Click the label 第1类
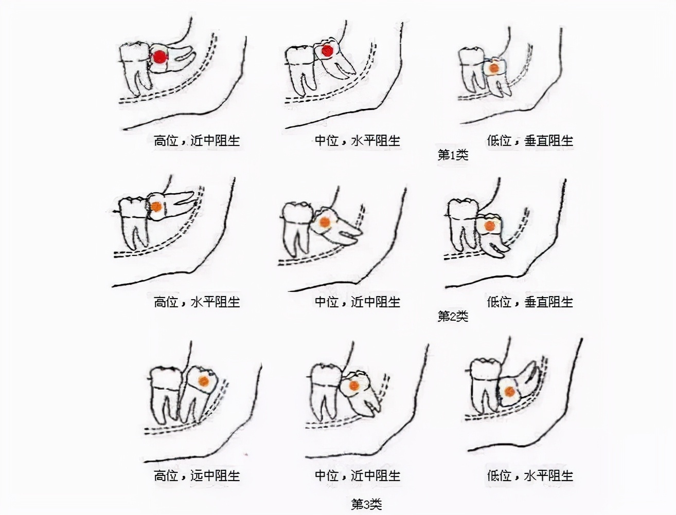coord(453,155)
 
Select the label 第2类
coord(453,316)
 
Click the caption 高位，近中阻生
coord(197,141)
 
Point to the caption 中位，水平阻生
coord(357,141)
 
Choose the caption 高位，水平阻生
coord(197,302)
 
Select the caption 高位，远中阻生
coord(197,475)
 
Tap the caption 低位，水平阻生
coord(530,475)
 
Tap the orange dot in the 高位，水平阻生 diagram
coord(157,207)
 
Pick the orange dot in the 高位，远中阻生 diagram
coord(204,381)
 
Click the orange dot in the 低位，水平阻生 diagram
coord(509,392)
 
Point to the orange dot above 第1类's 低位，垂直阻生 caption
coord(494,68)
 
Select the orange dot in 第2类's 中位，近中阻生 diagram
coord(324,222)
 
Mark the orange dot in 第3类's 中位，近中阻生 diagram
coord(354,385)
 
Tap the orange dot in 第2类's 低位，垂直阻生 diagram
coord(489,227)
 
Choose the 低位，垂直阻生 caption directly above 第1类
coord(530,141)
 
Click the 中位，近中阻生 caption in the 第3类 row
coord(357,475)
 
